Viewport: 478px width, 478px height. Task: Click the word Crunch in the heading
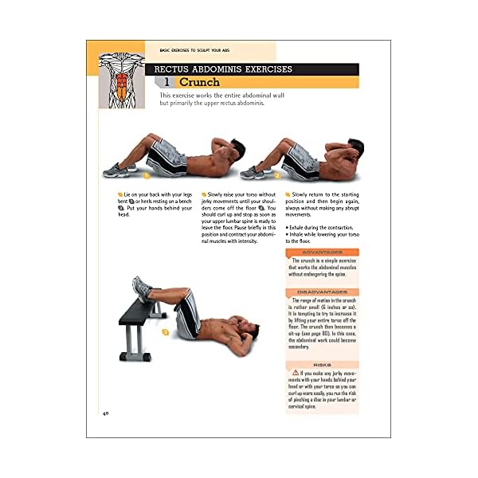pos(199,82)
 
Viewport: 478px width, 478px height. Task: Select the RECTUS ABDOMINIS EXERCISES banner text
pos(223,69)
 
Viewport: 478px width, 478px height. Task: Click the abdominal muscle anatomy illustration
pos(121,82)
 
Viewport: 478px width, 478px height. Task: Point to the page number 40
pos(105,413)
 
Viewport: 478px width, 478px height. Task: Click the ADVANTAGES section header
pos(321,253)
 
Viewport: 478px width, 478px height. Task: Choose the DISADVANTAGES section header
pos(321,292)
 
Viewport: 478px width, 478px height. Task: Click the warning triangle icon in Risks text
pos(296,373)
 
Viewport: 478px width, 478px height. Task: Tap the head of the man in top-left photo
pos(221,151)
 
